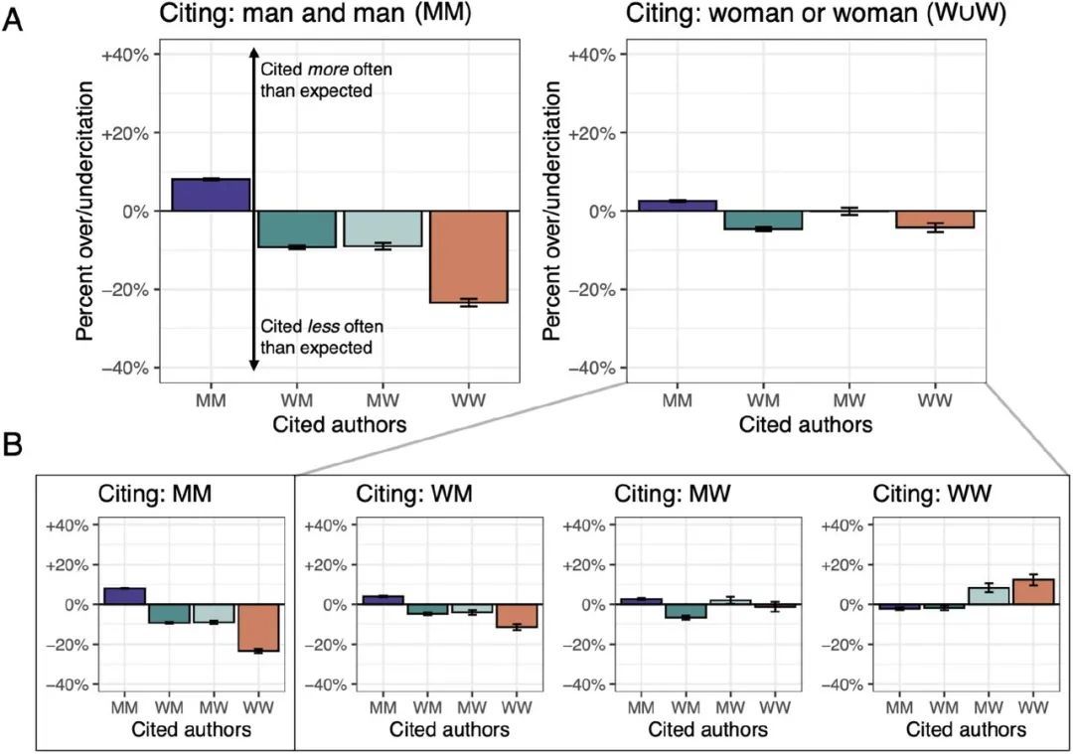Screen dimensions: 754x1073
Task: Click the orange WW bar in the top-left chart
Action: pos(469,256)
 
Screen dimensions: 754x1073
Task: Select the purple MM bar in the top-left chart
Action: pos(211,195)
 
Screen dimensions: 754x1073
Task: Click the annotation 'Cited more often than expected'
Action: pos(315,80)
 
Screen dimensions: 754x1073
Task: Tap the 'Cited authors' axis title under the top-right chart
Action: pos(806,425)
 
